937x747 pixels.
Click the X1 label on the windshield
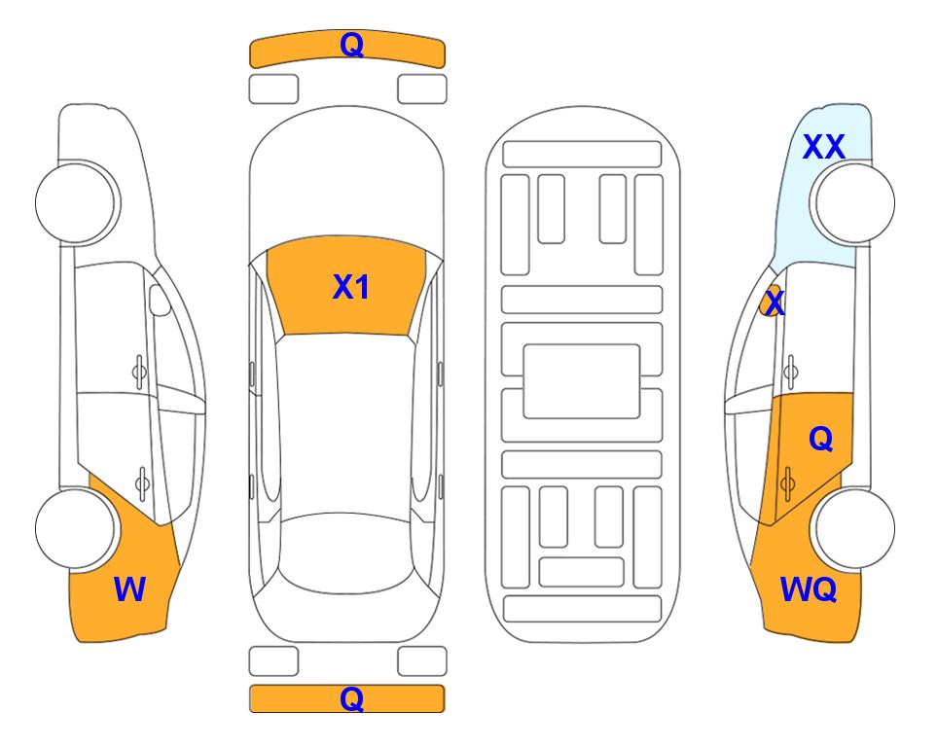[351, 287]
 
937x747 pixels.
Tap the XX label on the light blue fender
[823, 147]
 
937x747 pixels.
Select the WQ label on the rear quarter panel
[808, 589]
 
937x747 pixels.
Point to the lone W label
[129, 589]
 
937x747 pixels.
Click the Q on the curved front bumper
[351, 44]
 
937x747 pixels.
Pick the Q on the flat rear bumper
[351, 698]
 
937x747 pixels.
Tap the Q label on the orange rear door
[820, 439]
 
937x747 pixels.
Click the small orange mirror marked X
[772, 302]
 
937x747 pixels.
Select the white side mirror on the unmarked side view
[160, 300]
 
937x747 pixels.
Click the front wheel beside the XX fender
[854, 203]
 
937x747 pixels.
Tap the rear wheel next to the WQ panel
[854, 528]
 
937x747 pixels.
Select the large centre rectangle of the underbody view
[582, 381]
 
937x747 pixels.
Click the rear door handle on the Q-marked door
[787, 483]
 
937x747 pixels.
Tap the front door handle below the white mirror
[139, 372]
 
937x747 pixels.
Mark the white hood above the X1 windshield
[346, 179]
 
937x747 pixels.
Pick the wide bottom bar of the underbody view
[583, 609]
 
